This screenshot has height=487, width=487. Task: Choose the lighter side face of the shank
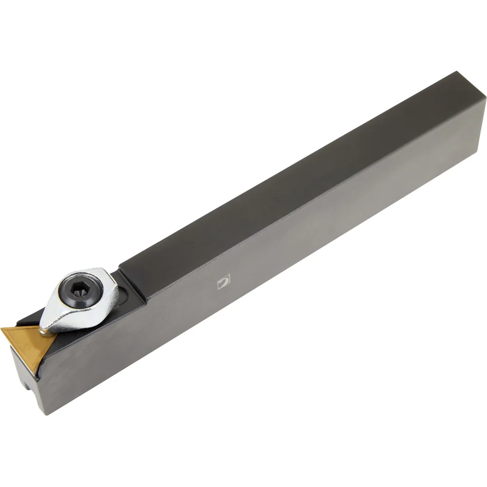coord(292,273)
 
